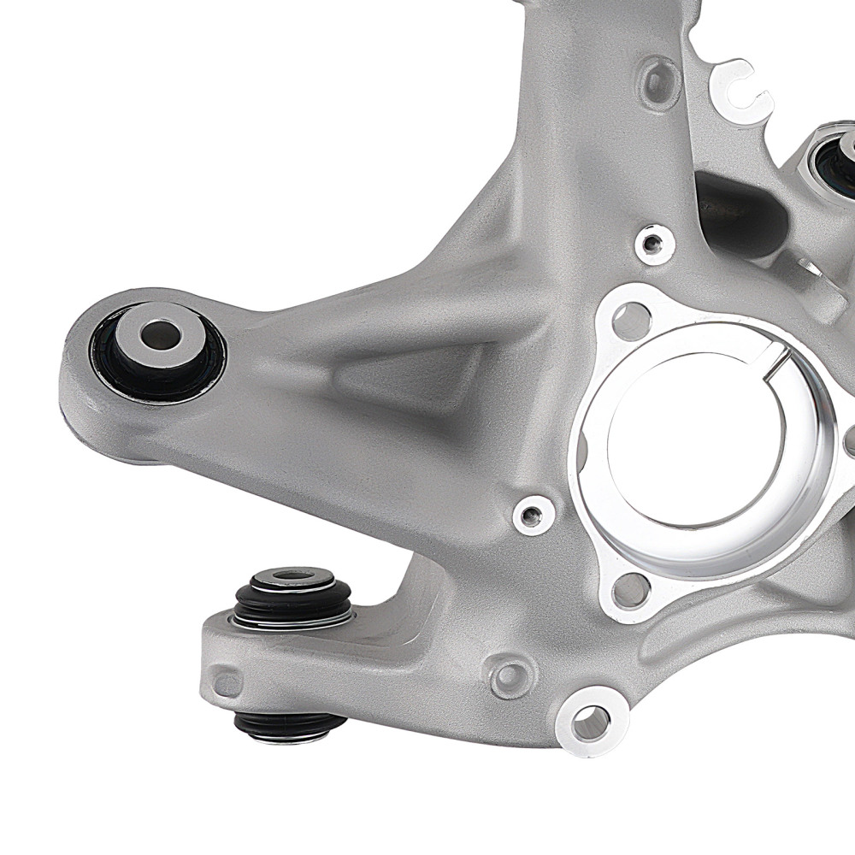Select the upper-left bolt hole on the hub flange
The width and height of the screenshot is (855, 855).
[631, 321]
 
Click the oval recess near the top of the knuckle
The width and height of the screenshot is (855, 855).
[659, 81]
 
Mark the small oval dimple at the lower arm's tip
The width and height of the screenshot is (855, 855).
[227, 684]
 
